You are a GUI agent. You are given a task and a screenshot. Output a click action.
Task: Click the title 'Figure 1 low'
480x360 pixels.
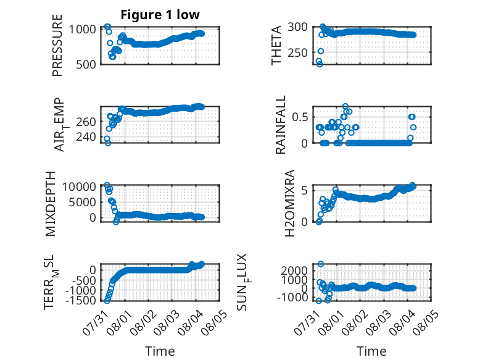[160, 15]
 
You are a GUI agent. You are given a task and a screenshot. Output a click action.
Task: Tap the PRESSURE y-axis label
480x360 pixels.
[57, 45]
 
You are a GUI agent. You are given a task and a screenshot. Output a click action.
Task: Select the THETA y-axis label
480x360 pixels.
[276, 45]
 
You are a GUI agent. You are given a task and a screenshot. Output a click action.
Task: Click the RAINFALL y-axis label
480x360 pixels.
[280, 125]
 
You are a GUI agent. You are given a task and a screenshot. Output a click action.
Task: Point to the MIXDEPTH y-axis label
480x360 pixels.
[51, 204]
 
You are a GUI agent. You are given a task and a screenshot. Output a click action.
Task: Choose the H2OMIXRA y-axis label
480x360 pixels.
[289, 203]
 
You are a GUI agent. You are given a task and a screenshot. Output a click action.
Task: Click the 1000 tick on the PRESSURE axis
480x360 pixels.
[82, 30]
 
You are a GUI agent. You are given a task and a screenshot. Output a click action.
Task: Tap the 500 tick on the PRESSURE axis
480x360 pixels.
[86, 64]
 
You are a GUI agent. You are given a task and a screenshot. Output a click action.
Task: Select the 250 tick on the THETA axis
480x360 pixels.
[297, 52]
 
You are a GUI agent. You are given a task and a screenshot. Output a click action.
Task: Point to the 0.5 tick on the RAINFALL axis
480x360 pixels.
[300, 117]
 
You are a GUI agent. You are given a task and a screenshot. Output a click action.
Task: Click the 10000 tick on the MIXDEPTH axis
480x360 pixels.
[79, 186]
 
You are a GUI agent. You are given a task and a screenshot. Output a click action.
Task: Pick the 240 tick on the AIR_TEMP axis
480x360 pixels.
[86, 136]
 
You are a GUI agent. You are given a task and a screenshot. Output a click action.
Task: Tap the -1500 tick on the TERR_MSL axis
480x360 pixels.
[80, 300]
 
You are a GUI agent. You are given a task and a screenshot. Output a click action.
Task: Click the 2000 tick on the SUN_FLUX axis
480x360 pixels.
[294, 270]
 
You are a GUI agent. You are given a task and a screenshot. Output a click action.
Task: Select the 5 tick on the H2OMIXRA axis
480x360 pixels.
[304, 191]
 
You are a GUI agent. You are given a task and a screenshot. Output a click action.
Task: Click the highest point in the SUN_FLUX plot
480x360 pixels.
[320, 264]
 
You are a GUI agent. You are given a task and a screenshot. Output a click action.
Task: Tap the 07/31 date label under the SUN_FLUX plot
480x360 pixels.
[307, 322]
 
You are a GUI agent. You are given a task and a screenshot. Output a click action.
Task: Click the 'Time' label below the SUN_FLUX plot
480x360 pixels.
[371, 351]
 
